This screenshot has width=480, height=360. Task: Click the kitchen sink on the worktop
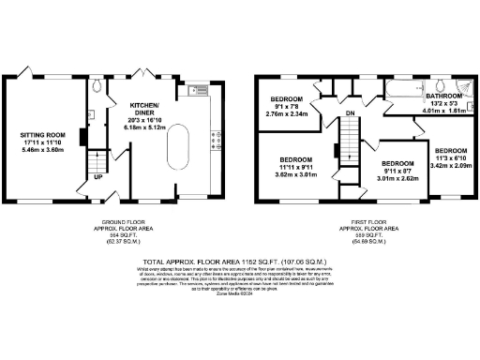(x=195, y=90)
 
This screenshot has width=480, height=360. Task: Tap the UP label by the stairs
(x=97, y=175)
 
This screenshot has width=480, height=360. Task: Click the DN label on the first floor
(x=349, y=113)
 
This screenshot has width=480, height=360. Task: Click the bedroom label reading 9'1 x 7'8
(x=287, y=106)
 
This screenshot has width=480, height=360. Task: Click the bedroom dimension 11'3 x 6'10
(x=451, y=157)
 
